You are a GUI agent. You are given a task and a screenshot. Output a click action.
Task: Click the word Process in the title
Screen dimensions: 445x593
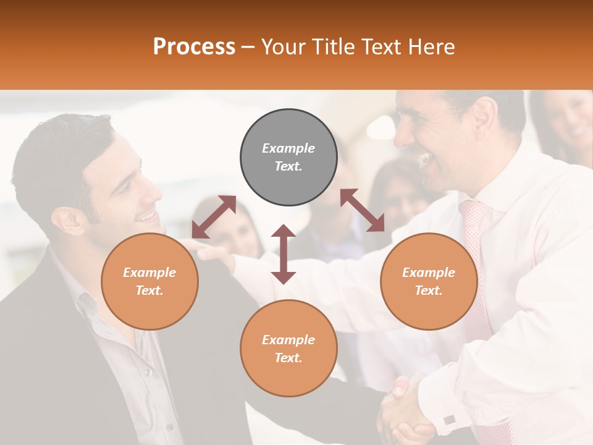(x=194, y=47)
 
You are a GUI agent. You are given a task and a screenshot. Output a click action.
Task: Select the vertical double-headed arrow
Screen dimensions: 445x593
(x=284, y=254)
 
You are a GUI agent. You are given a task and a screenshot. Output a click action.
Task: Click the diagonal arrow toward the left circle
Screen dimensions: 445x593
(x=214, y=216)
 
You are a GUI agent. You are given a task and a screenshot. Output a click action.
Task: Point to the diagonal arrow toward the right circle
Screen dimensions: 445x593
(x=362, y=210)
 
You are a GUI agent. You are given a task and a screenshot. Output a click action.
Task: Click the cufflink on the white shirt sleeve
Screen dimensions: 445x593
(x=449, y=419)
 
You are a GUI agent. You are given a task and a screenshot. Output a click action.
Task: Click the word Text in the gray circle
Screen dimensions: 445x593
(x=288, y=166)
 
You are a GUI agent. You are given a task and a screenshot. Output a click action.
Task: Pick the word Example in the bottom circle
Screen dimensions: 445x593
(x=288, y=339)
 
